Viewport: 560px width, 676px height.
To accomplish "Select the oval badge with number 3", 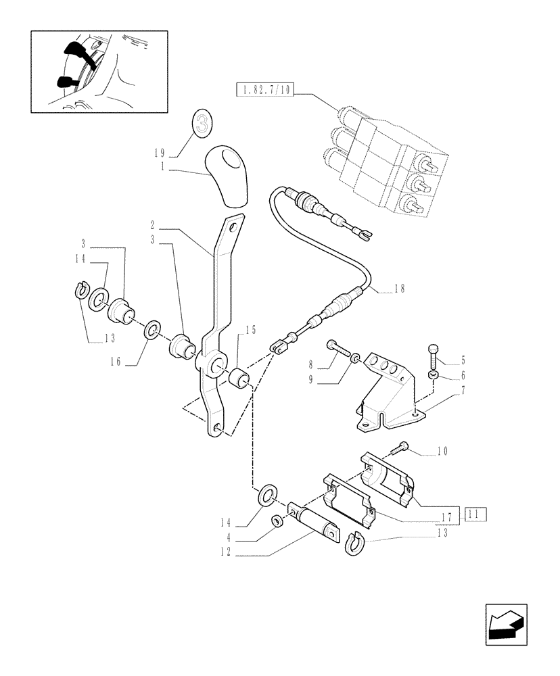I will point(202,123).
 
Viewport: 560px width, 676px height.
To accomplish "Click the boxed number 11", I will point(475,516).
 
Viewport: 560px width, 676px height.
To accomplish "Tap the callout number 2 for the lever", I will point(154,222).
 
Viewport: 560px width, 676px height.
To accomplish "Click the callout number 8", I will point(312,362).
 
